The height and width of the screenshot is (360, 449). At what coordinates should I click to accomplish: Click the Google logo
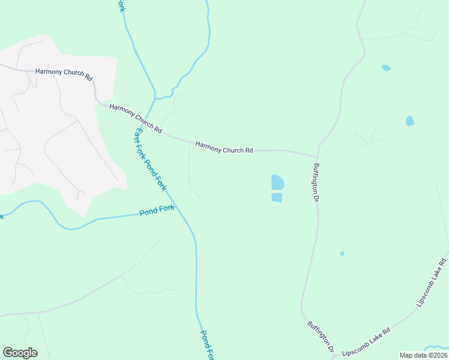(20, 353)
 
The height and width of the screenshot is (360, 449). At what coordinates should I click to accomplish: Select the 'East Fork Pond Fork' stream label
(151, 160)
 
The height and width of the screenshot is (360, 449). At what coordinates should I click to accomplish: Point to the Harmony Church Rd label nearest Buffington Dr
(224, 147)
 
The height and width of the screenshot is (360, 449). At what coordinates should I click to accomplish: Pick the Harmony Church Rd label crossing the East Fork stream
(136, 119)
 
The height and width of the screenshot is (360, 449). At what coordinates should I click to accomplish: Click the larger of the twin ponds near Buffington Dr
(277, 182)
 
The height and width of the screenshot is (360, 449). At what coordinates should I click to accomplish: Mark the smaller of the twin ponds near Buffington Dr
(277, 197)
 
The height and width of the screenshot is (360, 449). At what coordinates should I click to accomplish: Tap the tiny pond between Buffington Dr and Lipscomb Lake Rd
(342, 254)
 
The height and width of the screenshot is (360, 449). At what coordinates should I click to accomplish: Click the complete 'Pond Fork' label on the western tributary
(157, 211)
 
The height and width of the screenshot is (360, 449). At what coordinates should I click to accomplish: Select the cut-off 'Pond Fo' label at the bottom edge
(207, 346)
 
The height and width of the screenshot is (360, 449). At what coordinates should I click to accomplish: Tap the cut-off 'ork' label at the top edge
(121, 5)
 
